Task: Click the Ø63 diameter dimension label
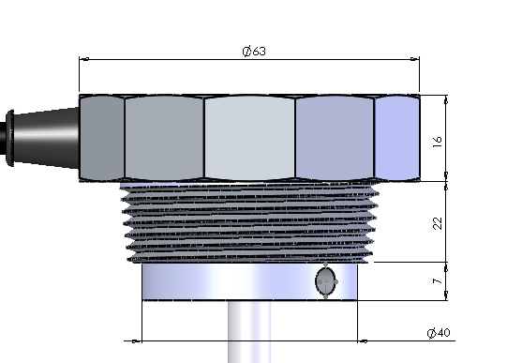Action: (254, 52)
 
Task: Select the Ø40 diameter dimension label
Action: (439, 333)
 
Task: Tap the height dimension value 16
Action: (438, 142)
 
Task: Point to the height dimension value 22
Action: (438, 223)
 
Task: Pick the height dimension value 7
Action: (438, 281)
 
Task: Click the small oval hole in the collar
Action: (326, 281)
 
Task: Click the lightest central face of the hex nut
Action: (249, 138)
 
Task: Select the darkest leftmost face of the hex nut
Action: (102, 138)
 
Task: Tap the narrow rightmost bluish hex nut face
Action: (397, 138)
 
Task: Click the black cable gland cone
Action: (46, 137)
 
